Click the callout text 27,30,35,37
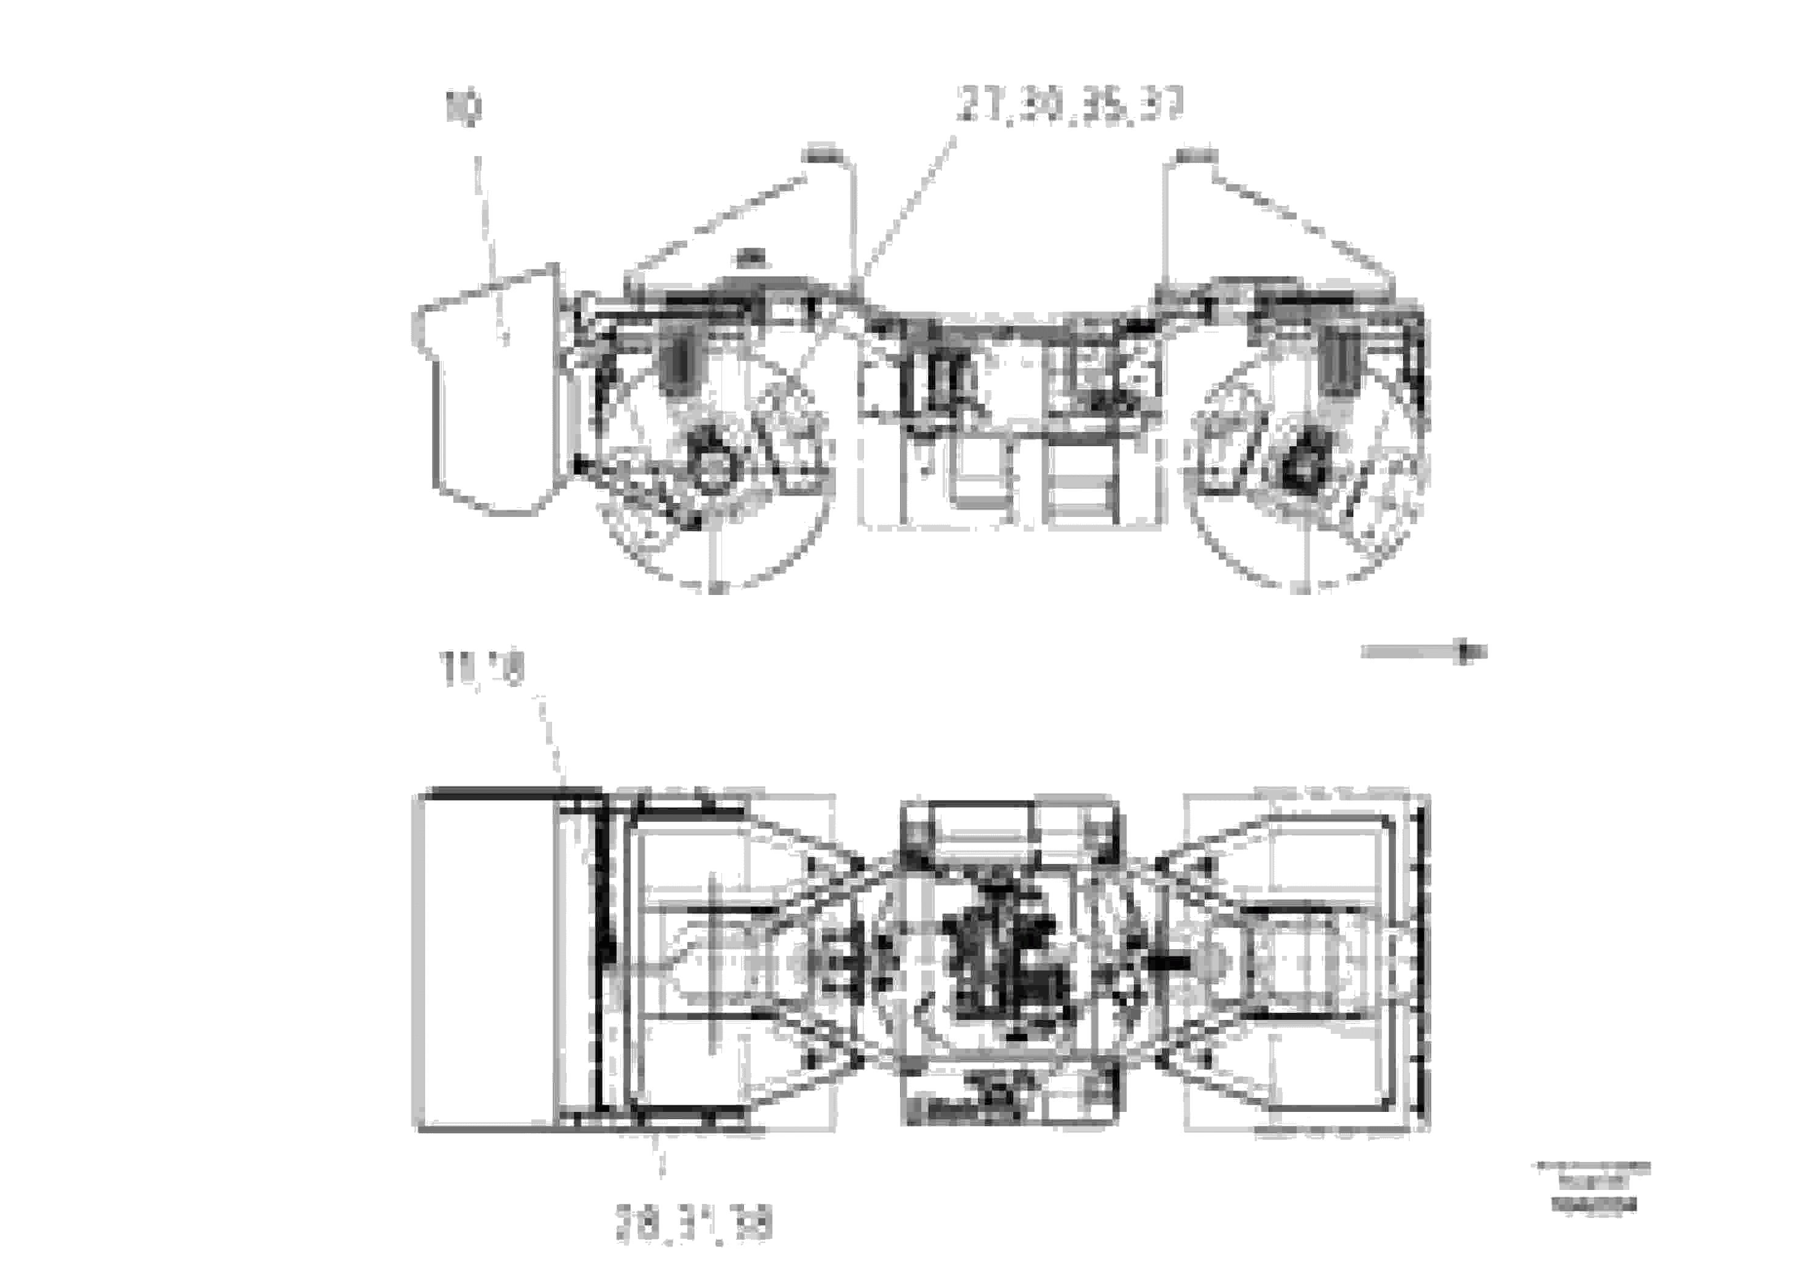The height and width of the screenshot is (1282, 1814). click(x=1070, y=105)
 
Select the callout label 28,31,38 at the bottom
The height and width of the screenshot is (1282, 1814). click(x=693, y=1226)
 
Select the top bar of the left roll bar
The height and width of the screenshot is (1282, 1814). click(x=820, y=152)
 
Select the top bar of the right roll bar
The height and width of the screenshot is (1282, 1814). click(x=1196, y=152)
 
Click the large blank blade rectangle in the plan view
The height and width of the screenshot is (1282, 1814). click(x=484, y=960)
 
